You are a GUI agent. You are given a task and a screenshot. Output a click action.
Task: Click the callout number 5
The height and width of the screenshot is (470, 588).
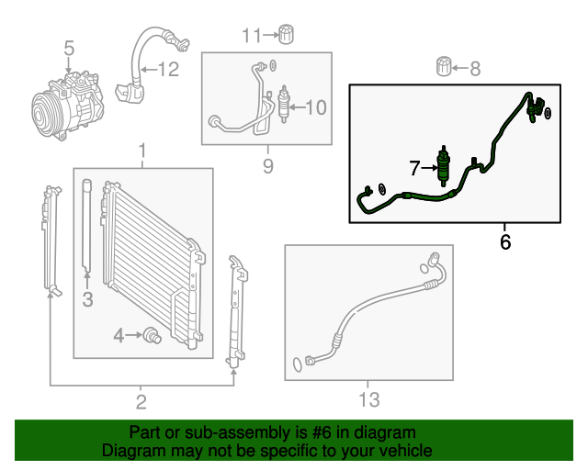point(68,46)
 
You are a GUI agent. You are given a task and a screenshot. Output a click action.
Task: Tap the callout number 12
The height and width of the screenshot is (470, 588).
point(167,68)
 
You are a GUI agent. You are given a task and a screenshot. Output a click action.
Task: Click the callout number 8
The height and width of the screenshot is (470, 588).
point(475,67)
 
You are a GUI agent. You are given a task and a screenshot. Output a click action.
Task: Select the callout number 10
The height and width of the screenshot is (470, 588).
point(314,108)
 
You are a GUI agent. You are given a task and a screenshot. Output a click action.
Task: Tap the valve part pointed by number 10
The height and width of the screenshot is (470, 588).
point(283,102)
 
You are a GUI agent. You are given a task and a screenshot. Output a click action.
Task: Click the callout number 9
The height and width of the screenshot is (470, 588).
point(268,166)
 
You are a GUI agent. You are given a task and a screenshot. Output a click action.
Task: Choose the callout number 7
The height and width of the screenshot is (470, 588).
point(415,168)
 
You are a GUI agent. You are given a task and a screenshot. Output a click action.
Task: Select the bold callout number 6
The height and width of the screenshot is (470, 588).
point(504,242)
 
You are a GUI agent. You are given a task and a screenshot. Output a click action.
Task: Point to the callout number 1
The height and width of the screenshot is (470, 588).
point(142,151)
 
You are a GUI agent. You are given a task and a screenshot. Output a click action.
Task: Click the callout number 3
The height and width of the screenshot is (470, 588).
point(87,298)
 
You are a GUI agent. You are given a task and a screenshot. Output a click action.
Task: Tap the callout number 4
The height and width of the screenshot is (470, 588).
point(119,336)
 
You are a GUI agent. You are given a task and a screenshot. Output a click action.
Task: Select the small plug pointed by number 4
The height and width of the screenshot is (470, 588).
point(152,337)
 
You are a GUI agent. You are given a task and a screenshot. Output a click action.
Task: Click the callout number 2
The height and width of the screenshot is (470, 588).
point(141,400)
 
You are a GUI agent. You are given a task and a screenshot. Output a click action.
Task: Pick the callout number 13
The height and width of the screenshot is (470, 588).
point(367,399)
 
